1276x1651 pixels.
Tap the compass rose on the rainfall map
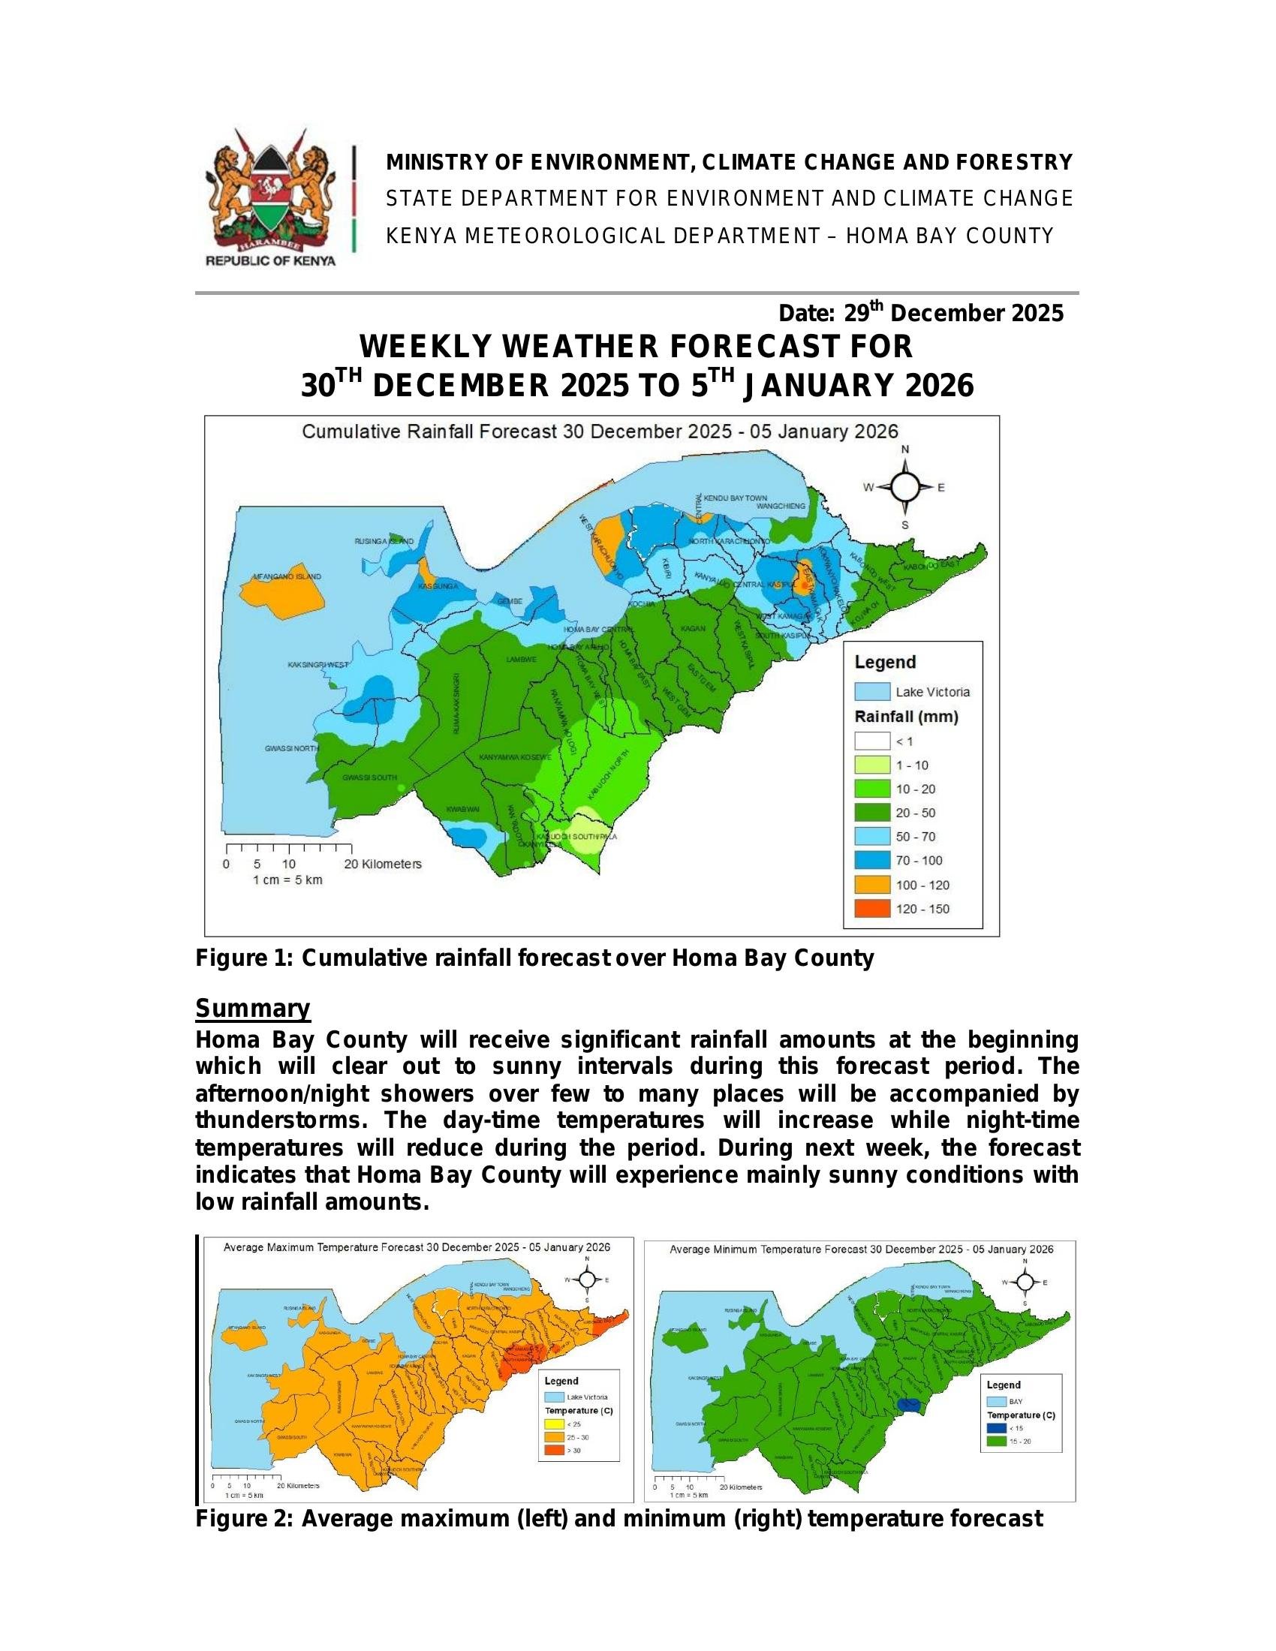(905, 488)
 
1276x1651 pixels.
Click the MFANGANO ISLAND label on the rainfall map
(290, 576)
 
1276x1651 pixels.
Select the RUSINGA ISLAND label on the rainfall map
(384, 541)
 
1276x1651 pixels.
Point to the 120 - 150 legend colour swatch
(871, 909)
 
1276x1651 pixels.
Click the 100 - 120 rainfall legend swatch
(871, 885)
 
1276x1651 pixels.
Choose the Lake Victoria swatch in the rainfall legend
(871, 692)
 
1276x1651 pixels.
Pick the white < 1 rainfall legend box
(871, 741)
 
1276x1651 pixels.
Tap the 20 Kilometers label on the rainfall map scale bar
(383, 864)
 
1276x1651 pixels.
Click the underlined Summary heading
(252, 1009)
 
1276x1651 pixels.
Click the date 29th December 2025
(921, 313)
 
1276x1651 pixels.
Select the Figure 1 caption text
(534, 958)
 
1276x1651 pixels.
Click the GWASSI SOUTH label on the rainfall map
(369, 778)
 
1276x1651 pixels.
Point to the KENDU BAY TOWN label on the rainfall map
(735, 498)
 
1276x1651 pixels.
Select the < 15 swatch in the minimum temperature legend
(995, 1428)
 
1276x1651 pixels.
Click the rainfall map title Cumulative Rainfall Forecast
(600, 432)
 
